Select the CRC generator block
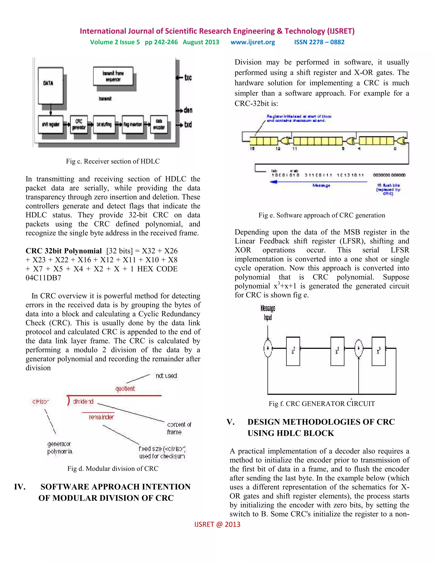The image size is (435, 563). click(x=79, y=124)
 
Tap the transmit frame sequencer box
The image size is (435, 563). click(x=113, y=76)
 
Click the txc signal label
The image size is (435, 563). click(x=188, y=78)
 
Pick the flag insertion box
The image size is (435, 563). click(x=133, y=124)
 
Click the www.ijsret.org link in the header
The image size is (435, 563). click(x=253, y=42)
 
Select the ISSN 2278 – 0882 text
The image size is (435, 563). click(x=319, y=42)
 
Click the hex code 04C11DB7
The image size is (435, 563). click(x=43, y=278)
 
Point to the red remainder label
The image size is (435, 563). click(x=101, y=417)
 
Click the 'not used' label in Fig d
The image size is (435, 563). click(x=166, y=376)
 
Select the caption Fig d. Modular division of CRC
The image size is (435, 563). click(x=113, y=468)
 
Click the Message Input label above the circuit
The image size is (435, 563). click(x=268, y=313)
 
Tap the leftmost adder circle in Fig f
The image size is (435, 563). click(x=268, y=348)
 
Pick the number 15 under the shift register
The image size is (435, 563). click(x=252, y=149)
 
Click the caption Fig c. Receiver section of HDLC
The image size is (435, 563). click(x=113, y=161)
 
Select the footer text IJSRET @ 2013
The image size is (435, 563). click(x=217, y=524)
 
